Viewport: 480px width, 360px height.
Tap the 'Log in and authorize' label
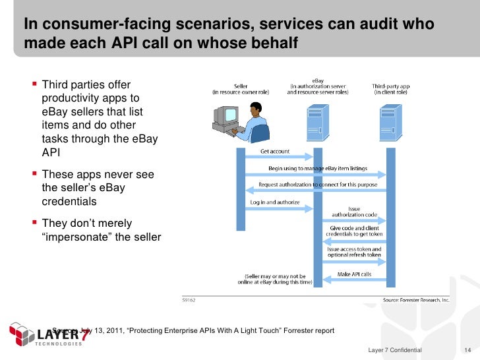pos(275,202)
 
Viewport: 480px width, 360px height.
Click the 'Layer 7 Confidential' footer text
pos(395,349)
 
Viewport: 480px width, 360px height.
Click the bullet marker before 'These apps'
pos(34,175)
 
